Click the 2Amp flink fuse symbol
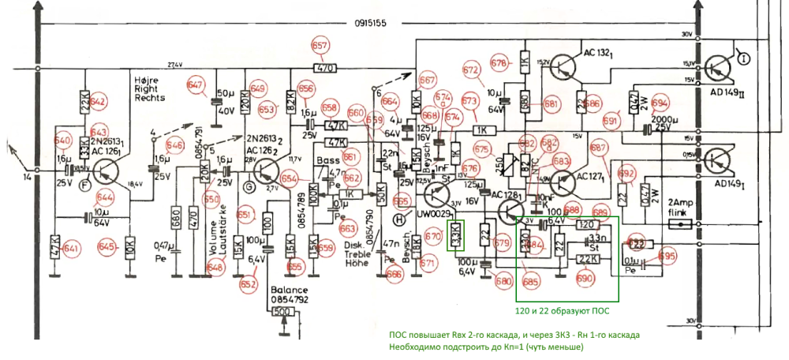click(x=679, y=224)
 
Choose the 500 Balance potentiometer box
click(x=281, y=311)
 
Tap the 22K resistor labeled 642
click(x=84, y=100)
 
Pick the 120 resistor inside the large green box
click(x=584, y=224)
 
